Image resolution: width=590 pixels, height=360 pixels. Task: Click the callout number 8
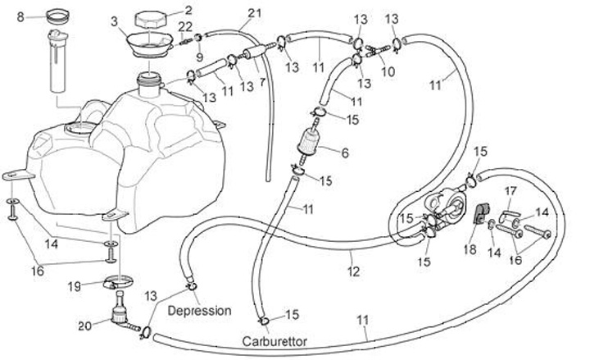(x=20, y=16)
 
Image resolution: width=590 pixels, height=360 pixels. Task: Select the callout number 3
(x=114, y=20)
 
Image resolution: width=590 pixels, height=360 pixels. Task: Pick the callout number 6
(x=345, y=153)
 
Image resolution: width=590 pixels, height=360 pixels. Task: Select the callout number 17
(x=510, y=192)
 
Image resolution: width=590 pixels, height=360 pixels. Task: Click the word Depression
(x=200, y=312)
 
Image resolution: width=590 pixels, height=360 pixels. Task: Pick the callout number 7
(x=262, y=83)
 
